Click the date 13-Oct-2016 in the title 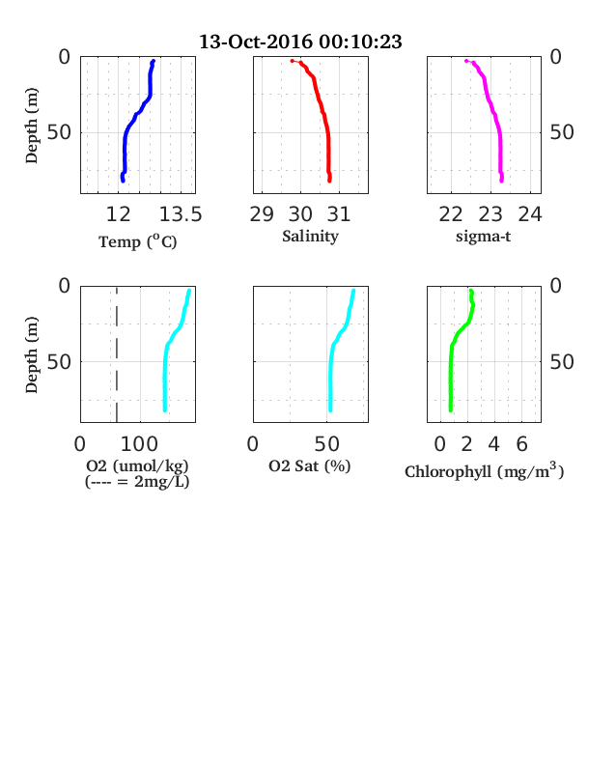click(256, 42)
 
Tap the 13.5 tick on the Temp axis click(181, 214)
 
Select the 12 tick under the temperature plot click(119, 214)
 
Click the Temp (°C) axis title click(138, 241)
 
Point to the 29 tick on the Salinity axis click(262, 214)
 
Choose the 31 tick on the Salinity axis click(339, 214)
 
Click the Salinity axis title click(311, 237)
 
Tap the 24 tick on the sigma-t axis click(530, 214)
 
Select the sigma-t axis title click(483, 237)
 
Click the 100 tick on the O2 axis click(139, 443)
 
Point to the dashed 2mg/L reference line click(117, 354)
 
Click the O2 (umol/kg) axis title click(137, 465)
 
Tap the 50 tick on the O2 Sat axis click(327, 443)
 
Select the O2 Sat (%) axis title click(310, 465)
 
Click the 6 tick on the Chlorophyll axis click(522, 443)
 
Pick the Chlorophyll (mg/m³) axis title click(485, 471)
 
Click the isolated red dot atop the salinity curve click(292, 61)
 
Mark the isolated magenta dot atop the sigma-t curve click(466, 61)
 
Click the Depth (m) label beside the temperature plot click(31, 126)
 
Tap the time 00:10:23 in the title click(360, 42)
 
